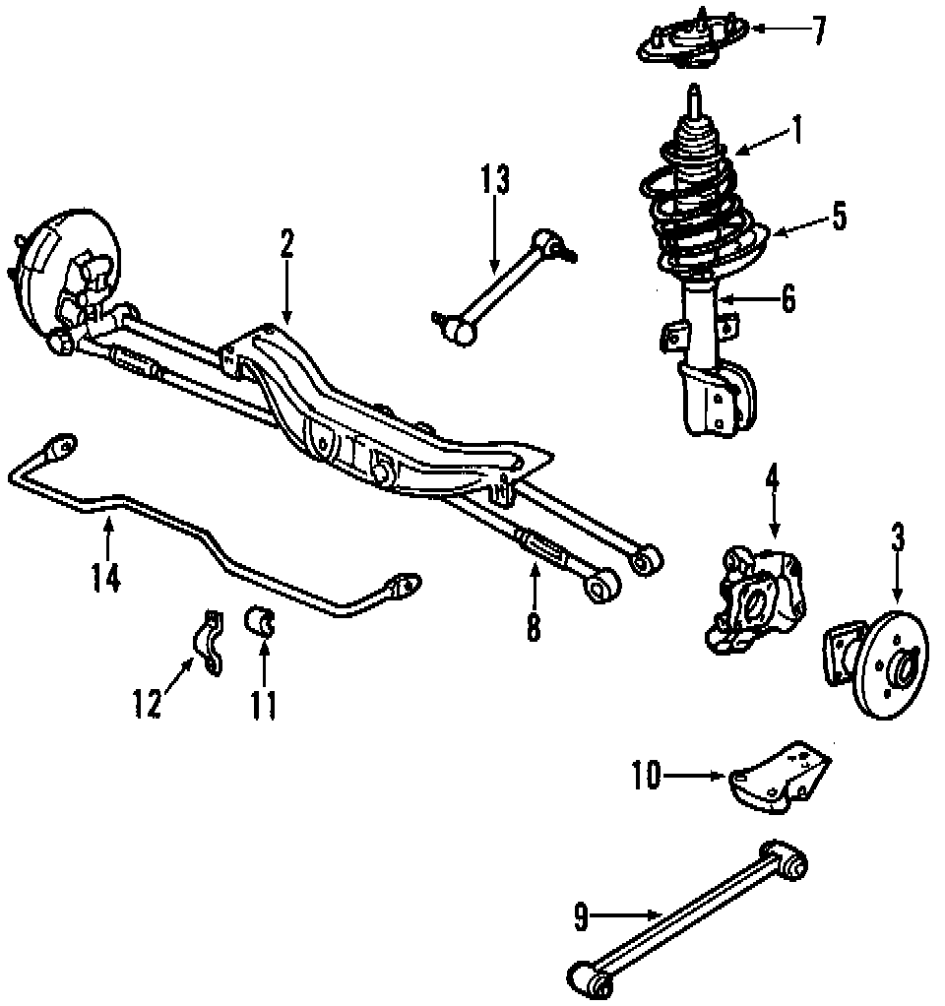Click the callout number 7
tap(818, 30)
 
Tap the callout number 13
tap(496, 180)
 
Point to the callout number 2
tap(286, 243)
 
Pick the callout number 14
tap(106, 576)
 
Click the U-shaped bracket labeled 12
tap(210, 643)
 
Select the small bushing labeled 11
tap(263, 624)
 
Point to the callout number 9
tap(581, 917)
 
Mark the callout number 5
tap(838, 216)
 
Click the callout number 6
tap(787, 298)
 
